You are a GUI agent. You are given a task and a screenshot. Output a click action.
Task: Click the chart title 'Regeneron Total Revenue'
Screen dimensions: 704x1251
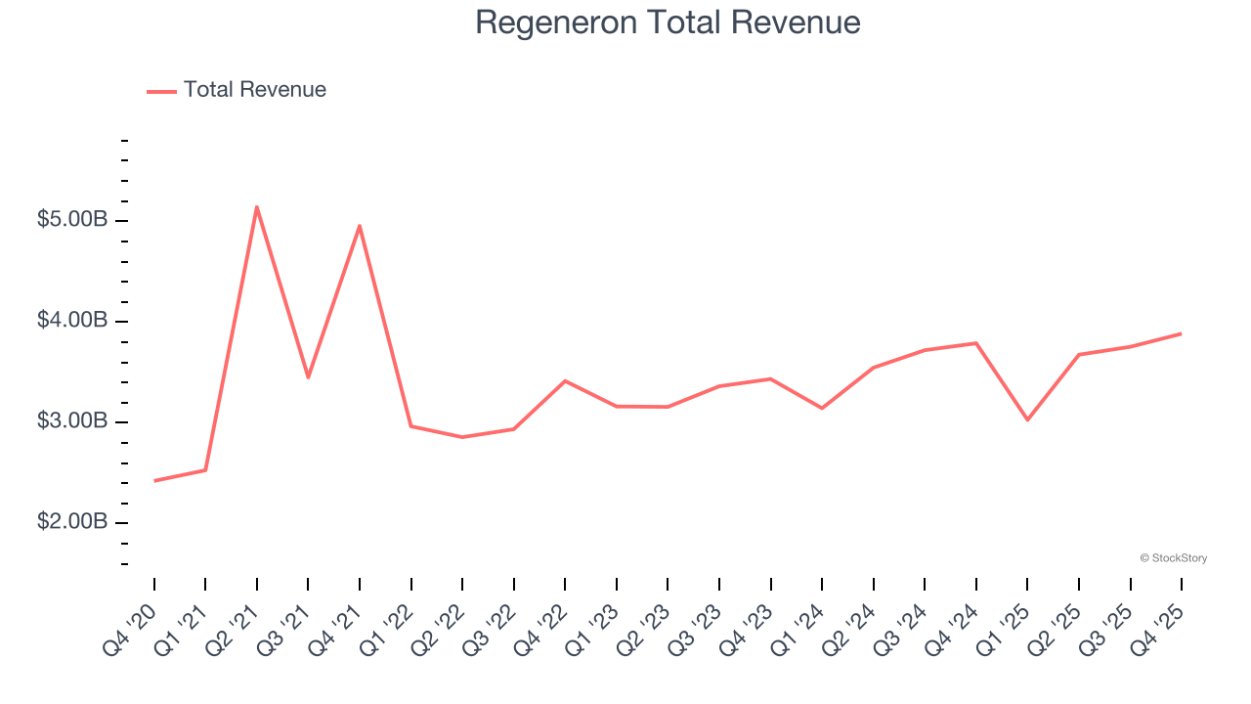pyautogui.click(x=668, y=22)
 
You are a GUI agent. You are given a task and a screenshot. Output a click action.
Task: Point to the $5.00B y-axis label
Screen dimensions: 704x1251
pyautogui.click(x=71, y=220)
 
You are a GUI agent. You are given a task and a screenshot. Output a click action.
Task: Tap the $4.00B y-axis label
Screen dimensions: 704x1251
pyautogui.click(x=71, y=321)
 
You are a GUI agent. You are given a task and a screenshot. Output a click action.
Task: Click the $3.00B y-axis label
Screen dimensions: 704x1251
pyautogui.click(x=71, y=421)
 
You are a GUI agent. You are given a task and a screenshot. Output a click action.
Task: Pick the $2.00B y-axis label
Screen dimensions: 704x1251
pyautogui.click(x=71, y=522)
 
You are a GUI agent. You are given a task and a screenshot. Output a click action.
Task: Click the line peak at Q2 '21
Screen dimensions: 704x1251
pyautogui.click(x=257, y=206)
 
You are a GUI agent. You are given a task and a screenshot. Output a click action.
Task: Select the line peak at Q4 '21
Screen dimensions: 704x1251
pyautogui.click(x=360, y=226)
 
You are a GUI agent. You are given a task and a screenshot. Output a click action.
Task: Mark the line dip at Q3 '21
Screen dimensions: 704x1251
pyautogui.click(x=308, y=377)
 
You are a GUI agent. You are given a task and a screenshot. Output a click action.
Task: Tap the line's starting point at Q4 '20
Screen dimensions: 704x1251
pyautogui.click(x=154, y=481)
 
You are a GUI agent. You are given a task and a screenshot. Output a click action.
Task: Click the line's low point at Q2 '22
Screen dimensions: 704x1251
pyautogui.click(x=462, y=437)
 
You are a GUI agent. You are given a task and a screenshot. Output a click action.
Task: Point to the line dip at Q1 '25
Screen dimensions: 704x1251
pyautogui.click(x=1027, y=419)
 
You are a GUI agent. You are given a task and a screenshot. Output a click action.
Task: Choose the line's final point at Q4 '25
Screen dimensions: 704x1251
pyautogui.click(x=1181, y=333)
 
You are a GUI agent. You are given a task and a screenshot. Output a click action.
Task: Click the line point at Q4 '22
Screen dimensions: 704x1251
pyautogui.click(x=565, y=380)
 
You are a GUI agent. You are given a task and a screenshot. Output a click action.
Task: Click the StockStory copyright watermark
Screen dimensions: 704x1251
pyautogui.click(x=1173, y=558)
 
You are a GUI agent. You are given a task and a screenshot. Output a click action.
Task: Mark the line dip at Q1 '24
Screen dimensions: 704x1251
pyautogui.click(x=822, y=408)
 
